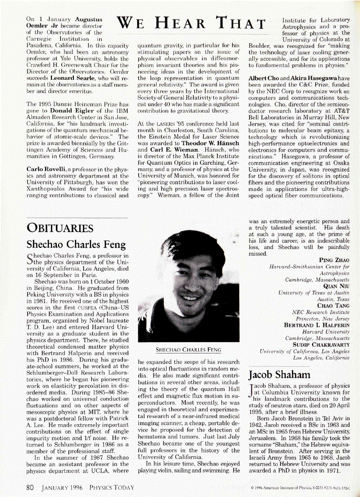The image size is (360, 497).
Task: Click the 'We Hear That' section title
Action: [192, 23]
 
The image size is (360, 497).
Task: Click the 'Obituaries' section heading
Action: [60, 228]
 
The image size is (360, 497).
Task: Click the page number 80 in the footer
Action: [30, 484]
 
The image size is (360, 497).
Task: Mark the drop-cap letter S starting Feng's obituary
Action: [30, 258]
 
